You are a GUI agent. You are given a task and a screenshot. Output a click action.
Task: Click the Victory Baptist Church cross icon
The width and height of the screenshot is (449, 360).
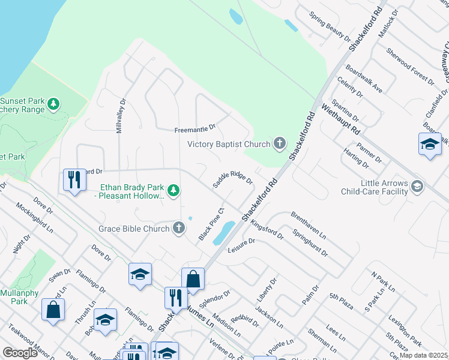click(279, 143)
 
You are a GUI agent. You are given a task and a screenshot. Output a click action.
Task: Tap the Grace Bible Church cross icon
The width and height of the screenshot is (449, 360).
click(178, 228)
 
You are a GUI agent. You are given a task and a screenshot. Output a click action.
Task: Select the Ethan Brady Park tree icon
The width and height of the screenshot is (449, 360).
click(173, 190)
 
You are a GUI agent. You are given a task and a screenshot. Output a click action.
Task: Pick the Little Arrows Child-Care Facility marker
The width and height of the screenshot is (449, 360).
click(417, 187)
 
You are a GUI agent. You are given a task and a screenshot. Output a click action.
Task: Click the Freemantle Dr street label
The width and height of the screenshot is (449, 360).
click(194, 129)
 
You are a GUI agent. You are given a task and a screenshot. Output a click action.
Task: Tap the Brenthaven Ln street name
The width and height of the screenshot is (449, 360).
click(308, 224)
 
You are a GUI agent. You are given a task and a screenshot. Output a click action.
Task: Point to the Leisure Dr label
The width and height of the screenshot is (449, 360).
click(242, 245)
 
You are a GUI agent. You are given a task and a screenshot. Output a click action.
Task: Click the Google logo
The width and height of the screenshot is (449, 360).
click(20, 353)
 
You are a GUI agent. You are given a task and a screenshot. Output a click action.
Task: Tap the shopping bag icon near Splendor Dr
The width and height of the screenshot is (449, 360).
click(193, 278)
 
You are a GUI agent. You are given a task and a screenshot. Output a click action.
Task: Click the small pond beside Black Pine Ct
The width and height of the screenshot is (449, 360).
click(223, 232)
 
